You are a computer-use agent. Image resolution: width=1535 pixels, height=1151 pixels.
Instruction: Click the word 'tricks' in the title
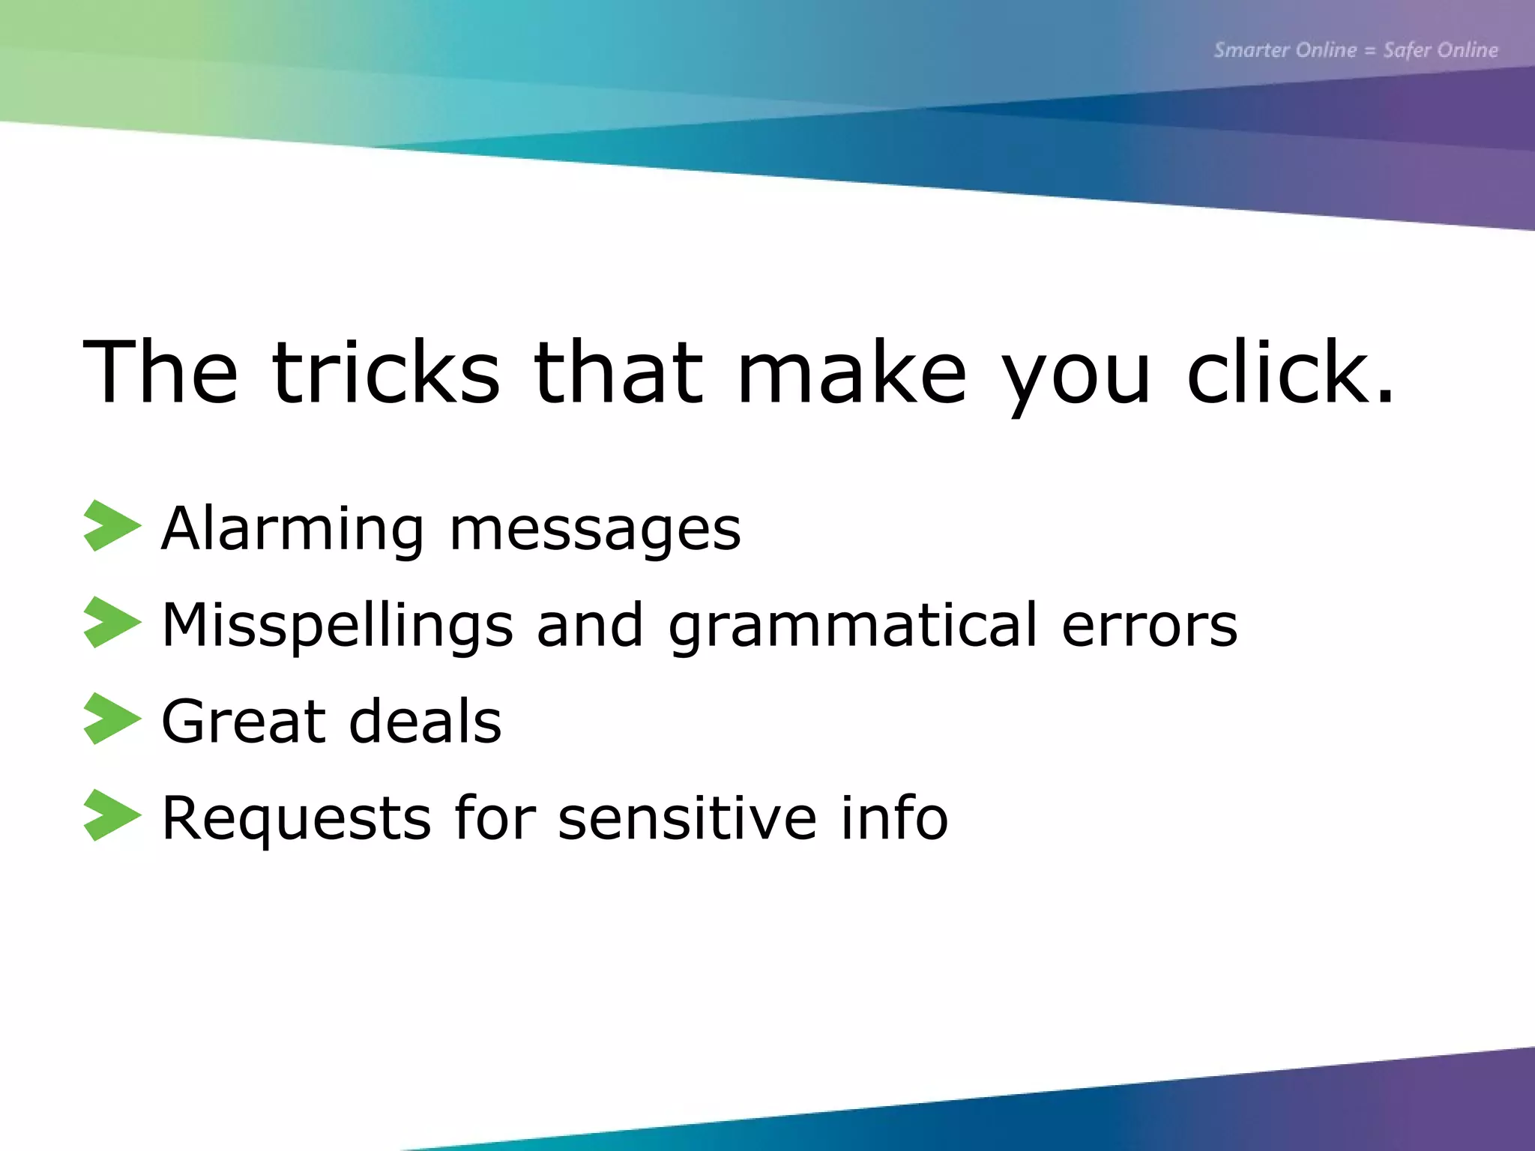pyautogui.click(x=385, y=372)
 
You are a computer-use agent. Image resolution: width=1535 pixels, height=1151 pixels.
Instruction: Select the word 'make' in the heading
pyautogui.click(x=851, y=372)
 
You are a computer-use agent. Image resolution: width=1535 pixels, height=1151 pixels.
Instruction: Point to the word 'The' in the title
pyautogui.click(x=160, y=372)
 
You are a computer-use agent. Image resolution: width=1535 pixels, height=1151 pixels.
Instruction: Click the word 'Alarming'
pyautogui.click(x=293, y=530)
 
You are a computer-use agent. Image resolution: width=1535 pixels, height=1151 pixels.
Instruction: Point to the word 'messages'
pyautogui.click(x=595, y=532)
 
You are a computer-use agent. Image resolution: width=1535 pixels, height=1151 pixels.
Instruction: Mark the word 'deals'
pyautogui.click(x=426, y=721)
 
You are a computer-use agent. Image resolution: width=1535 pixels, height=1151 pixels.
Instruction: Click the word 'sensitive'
pyautogui.click(x=687, y=818)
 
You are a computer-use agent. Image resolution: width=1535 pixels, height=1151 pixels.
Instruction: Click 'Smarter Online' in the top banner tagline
pyautogui.click(x=1285, y=50)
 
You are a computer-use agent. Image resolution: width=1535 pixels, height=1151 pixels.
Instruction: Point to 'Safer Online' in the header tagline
pyautogui.click(x=1441, y=50)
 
